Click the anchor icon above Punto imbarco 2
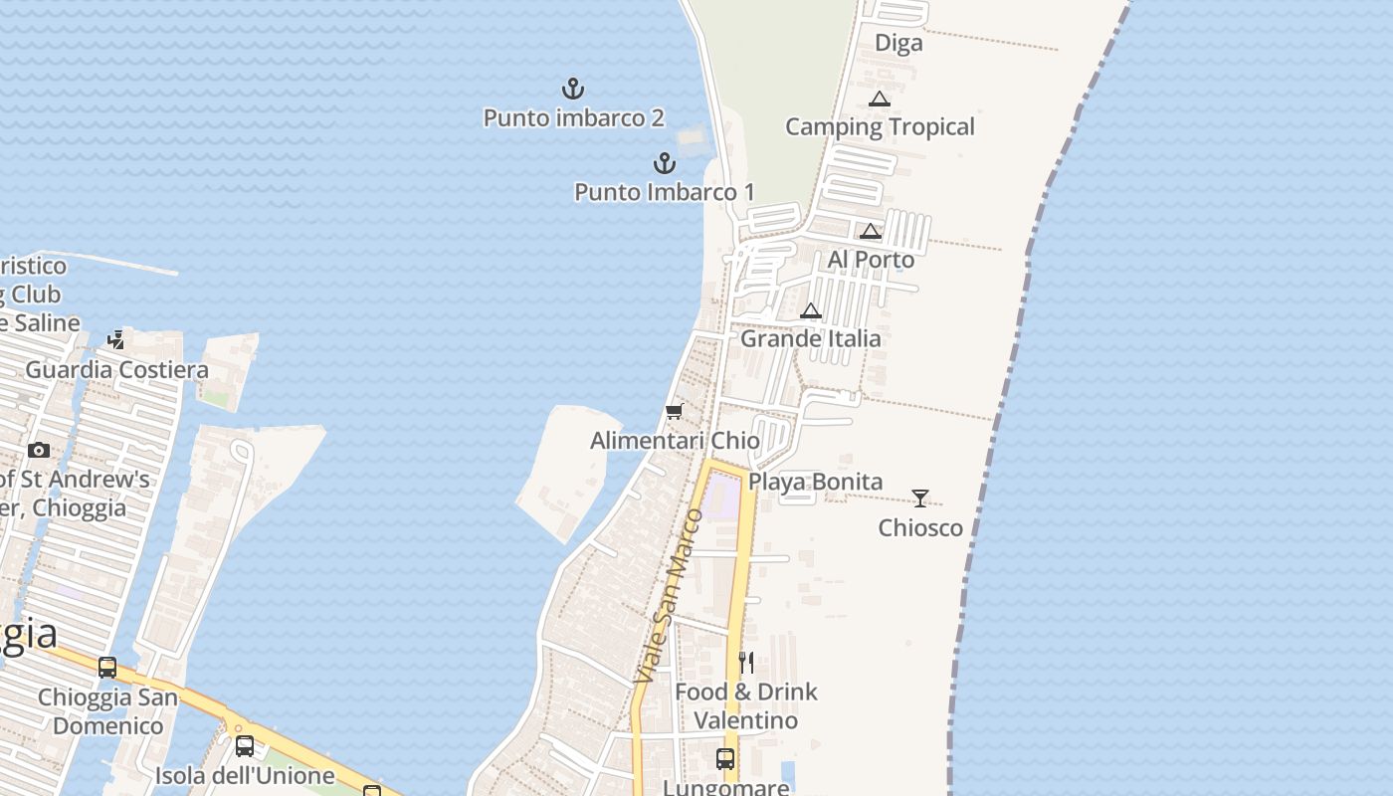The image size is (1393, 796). (x=573, y=89)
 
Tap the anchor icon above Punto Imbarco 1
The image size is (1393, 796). (x=665, y=162)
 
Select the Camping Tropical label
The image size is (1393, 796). (x=880, y=126)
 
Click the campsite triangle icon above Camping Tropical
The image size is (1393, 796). (x=879, y=99)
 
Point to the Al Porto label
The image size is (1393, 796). (x=871, y=260)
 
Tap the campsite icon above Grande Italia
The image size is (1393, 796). (x=811, y=310)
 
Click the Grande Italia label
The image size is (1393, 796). (x=811, y=338)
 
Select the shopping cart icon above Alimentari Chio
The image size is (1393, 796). (x=675, y=412)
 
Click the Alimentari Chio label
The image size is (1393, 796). (x=675, y=440)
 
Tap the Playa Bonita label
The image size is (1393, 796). (x=815, y=482)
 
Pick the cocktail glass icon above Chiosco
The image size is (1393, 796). (x=920, y=498)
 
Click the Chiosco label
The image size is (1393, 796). (x=920, y=527)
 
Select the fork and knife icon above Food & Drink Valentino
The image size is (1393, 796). (x=746, y=663)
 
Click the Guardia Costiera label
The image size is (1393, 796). (x=116, y=370)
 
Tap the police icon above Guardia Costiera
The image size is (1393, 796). (x=116, y=340)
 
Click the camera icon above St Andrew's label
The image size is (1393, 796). (x=39, y=450)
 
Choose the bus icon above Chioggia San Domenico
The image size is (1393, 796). (x=107, y=668)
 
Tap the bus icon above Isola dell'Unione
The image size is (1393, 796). (x=245, y=746)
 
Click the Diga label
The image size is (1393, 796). (x=898, y=43)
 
